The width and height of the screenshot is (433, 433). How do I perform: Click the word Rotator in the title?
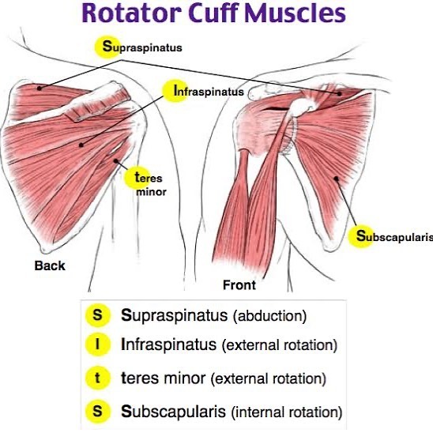[131, 13]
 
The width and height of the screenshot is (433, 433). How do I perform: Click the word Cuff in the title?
[213, 13]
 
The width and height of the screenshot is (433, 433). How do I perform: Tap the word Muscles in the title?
[295, 13]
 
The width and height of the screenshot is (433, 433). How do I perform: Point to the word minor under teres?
[152, 192]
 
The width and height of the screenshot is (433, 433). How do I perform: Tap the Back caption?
[50, 265]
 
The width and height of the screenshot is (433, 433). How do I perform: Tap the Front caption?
[239, 285]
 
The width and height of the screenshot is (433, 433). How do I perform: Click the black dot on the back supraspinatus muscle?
[40, 88]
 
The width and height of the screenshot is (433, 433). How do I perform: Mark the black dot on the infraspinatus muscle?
[81, 145]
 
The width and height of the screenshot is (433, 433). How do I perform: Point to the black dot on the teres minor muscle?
[115, 160]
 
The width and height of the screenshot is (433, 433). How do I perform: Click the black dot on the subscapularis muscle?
[336, 179]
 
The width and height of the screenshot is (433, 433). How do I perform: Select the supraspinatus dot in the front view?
[340, 93]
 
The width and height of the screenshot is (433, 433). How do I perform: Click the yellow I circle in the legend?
[97, 345]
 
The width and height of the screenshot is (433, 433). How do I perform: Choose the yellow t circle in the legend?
[97, 378]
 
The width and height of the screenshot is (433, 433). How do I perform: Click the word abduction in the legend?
[270, 316]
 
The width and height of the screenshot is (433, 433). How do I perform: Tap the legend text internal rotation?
[287, 412]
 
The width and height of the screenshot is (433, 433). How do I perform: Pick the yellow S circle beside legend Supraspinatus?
[97, 314]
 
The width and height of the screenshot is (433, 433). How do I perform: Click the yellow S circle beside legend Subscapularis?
[97, 412]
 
